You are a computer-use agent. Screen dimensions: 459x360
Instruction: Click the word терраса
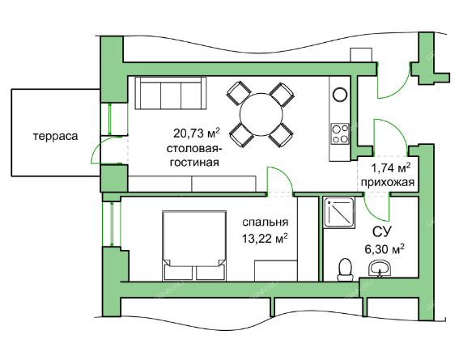pyautogui.click(x=56, y=136)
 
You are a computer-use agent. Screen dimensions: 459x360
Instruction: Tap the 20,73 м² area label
pyautogui.click(x=197, y=133)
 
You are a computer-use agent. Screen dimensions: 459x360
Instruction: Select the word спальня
pyautogui.click(x=266, y=222)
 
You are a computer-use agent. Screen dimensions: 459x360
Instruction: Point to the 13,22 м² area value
pyautogui.click(x=265, y=239)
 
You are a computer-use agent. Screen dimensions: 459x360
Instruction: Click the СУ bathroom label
pyautogui.click(x=382, y=231)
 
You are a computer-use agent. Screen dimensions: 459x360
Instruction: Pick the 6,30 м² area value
pyautogui.click(x=385, y=249)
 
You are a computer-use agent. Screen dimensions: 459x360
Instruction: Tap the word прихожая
pyautogui.click(x=388, y=183)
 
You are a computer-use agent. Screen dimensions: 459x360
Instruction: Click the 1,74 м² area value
pyautogui.click(x=391, y=168)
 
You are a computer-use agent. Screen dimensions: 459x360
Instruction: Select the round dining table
pyautogui.click(x=261, y=114)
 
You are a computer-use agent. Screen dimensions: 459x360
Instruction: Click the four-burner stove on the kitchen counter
pyautogui.click(x=340, y=133)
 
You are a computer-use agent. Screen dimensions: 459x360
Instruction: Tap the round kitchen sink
pyautogui.click(x=340, y=95)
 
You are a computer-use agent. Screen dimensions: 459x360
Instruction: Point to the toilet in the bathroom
pyautogui.click(x=346, y=269)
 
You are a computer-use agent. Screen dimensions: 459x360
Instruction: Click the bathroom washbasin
pyautogui.click(x=380, y=269)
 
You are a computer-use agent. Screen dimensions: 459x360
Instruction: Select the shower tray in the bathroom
pyautogui.click(x=339, y=214)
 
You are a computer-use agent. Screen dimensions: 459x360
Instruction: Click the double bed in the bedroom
pyautogui.click(x=194, y=246)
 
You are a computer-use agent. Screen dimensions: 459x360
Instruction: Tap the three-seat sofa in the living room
pyautogui.click(x=170, y=93)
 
